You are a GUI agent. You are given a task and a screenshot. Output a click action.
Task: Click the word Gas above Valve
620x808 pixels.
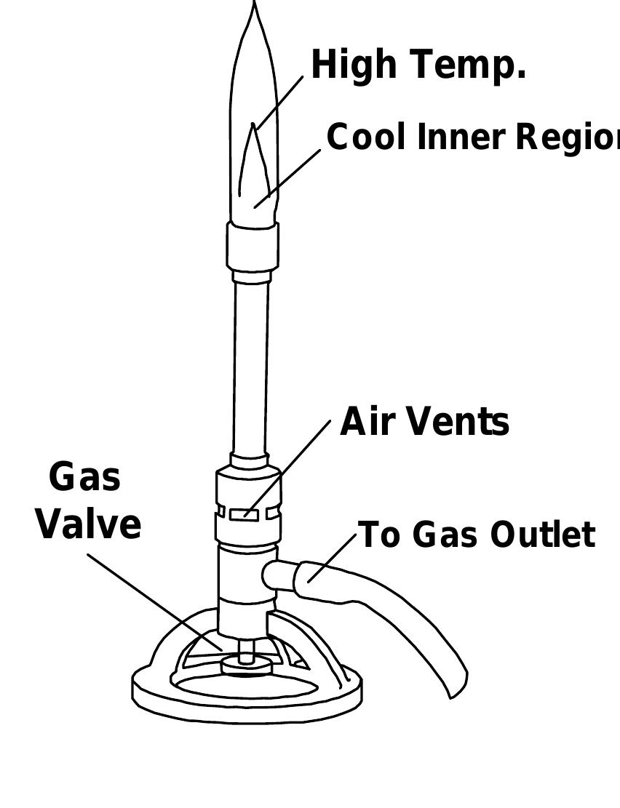[x=85, y=478]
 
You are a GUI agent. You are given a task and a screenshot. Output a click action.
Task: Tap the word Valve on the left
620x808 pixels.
[x=89, y=524]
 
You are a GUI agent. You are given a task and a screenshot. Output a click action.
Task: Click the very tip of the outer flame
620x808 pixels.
[x=254, y=4]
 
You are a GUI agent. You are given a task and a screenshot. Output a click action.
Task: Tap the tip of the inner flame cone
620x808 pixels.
[x=253, y=126]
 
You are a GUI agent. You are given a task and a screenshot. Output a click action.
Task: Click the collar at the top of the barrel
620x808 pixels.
[x=252, y=246]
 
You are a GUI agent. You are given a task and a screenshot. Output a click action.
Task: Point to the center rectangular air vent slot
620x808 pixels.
[x=245, y=514]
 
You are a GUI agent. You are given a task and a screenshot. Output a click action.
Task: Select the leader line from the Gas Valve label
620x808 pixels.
[x=153, y=601]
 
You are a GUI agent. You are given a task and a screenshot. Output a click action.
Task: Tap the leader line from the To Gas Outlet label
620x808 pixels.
[x=333, y=556]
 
